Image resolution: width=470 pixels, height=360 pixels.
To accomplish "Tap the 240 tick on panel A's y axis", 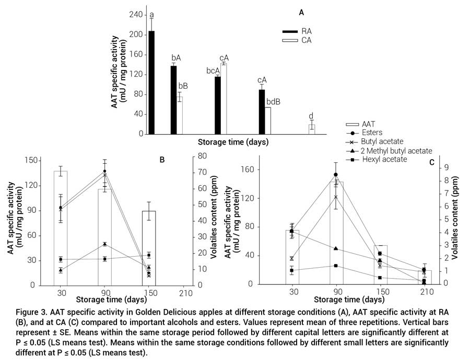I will coord(135,15).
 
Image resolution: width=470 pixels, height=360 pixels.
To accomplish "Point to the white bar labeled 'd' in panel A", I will coord(312,129).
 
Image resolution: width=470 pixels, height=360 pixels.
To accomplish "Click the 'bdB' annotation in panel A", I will coord(273,102).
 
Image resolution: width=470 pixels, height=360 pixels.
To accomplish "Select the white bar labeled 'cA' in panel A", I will coord(224,99).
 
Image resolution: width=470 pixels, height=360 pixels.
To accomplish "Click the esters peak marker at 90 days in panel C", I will coord(335,175).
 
